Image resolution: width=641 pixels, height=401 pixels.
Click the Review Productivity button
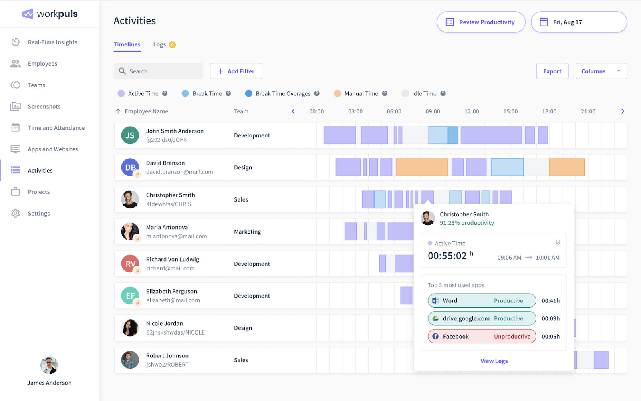(x=481, y=22)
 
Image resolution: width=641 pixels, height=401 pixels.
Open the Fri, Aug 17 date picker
(x=579, y=22)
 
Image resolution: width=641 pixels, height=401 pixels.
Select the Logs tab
(x=160, y=44)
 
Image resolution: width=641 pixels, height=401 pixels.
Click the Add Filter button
(x=236, y=71)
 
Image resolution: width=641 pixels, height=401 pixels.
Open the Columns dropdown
(x=601, y=71)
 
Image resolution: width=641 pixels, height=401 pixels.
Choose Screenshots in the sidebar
(x=44, y=106)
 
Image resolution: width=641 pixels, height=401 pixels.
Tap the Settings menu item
(x=39, y=213)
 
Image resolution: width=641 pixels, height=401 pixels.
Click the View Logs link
(x=494, y=361)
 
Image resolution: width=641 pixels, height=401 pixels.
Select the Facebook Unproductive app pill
(x=482, y=337)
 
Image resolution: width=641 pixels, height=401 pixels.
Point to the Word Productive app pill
(x=482, y=301)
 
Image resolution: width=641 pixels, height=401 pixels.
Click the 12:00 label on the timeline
(x=472, y=111)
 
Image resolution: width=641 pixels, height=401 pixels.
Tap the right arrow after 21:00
(x=623, y=111)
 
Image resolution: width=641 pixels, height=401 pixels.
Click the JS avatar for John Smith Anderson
(x=130, y=135)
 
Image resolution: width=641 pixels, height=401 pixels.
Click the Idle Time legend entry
(x=424, y=93)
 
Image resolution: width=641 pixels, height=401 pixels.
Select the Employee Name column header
(x=146, y=111)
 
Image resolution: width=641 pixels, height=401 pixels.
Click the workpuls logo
(x=50, y=14)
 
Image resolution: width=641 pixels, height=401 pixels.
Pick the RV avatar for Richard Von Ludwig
(x=130, y=264)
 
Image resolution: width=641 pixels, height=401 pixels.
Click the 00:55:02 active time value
(x=447, y=256)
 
